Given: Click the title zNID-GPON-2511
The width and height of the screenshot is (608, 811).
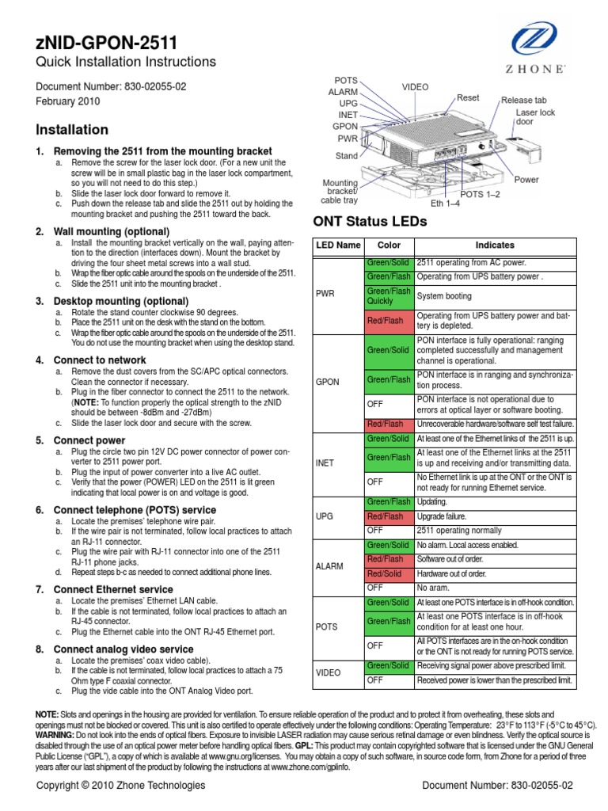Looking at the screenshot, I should click(x=107, y=42).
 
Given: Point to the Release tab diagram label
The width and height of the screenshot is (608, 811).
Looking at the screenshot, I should click(x=523, y=101).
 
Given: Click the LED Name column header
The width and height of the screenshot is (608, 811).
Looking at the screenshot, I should click(x=338, y=246).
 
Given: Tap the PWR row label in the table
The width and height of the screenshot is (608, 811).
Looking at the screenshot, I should click(x=326, y=294).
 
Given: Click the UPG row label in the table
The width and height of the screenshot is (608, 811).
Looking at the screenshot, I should click(x=325, y=516).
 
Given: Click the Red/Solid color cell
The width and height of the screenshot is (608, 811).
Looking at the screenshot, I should click(x=387, y=573).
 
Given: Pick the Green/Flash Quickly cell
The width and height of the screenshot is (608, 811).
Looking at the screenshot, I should click(x=387, y=296).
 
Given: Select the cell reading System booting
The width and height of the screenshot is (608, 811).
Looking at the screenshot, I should click(x=445, y=296).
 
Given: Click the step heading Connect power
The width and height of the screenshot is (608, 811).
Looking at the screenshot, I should click(x=89, y=440).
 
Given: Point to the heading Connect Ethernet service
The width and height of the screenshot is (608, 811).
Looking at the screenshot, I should click(x=112, y=589).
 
